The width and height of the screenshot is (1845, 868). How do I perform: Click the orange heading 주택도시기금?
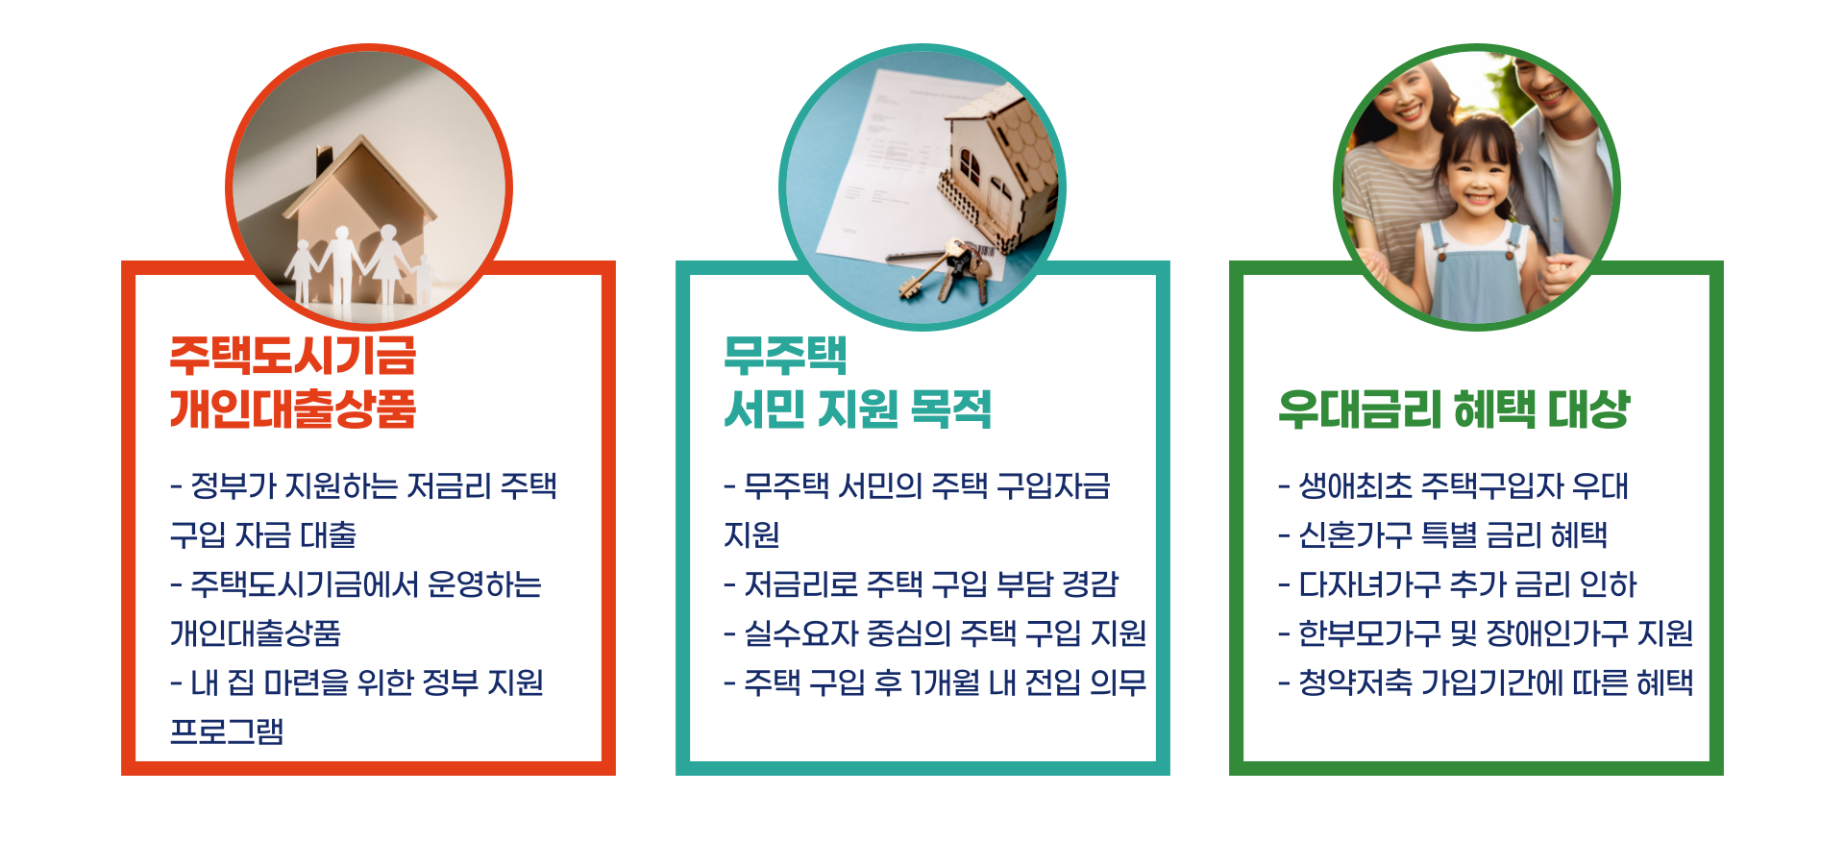(293, 356)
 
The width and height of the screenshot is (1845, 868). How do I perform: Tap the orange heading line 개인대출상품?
(293, 409)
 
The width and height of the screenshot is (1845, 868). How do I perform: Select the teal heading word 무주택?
(785, 356)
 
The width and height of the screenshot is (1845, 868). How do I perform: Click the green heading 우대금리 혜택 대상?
(1454, 409)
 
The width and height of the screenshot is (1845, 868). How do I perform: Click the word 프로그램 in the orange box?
(227, 732)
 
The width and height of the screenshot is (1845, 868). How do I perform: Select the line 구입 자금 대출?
(263, 535)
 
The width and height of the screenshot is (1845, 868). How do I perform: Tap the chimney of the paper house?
(324, 160)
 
